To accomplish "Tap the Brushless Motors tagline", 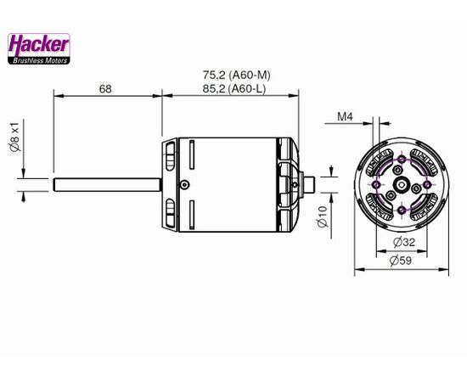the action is coord(40,61).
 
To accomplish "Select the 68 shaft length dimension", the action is coord(105,89).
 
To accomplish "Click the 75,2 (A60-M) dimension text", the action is coord(237,75).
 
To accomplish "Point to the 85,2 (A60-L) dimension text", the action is coord(234,88).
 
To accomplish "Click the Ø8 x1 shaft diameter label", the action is coord(15,137).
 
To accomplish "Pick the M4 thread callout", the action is coord(345,116).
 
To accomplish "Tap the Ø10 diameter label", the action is coord(323,216).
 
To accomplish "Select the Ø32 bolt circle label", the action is coord(404,242).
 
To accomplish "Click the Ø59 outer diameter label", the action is coord(401,261).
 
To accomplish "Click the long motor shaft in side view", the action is coord(108,184).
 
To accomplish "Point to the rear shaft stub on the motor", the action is coord(308,184).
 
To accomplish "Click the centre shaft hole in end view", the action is coord(402,185).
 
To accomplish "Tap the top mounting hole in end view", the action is coord(402,159).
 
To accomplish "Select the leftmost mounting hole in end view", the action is coord(376,184).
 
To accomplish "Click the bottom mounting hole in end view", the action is coord(402,211).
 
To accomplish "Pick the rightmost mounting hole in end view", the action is coord(427,184).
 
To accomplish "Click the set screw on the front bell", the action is coord(184,184).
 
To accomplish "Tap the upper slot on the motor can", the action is coord(192,154).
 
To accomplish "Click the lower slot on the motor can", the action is coord(192,215).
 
